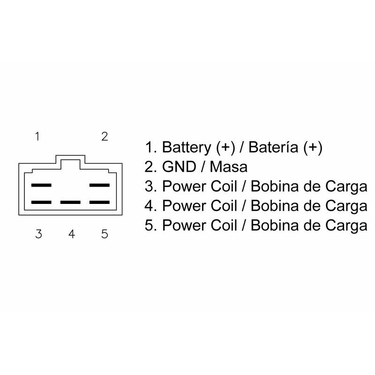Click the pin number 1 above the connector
(x=37, y=136)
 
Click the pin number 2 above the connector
(x=105, y=136)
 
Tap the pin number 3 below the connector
(x=38, y=233)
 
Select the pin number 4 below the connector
(x=71, y=233)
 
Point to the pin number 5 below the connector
(x=104, y=233)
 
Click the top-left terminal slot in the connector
(x=41, y=186)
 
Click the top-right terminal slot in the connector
(x=99, y=186)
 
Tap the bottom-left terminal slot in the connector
(x=41, y=202)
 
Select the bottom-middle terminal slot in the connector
(x=70, y=202)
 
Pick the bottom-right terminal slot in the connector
(x=99, y=202)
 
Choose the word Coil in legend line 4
(x=223, y=205)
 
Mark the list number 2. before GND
(x=150, y=167)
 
